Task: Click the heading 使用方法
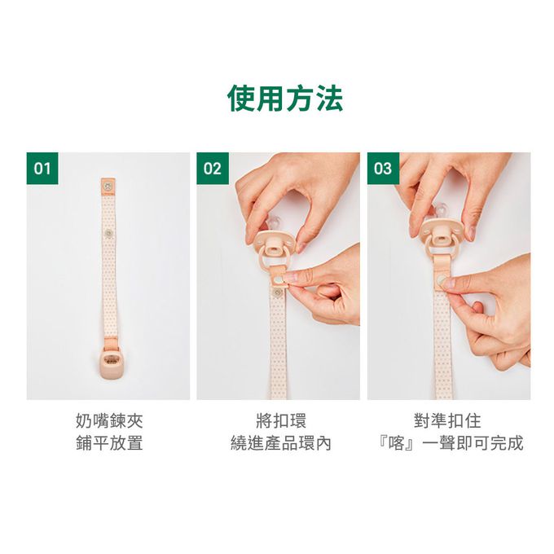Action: tap(285, 99)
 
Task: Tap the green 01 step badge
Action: tap(42, 169)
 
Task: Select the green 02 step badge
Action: tap(213, 169)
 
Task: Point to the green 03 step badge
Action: tap(384, 169)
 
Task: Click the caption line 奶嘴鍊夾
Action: tap(109, 421)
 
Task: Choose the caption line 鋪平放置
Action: tap(109, 443)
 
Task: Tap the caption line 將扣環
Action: tap(281, 421)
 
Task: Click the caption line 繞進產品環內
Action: tap(281, 443)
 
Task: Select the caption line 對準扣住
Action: tap(447, 421)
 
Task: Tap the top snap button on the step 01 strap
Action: tap(108, 185)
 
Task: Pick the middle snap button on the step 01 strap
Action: tap(108, 233)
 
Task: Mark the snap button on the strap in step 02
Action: tap(278, 292)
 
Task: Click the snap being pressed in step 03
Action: tap(442, 281)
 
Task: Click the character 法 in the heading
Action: tap(329, 99)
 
